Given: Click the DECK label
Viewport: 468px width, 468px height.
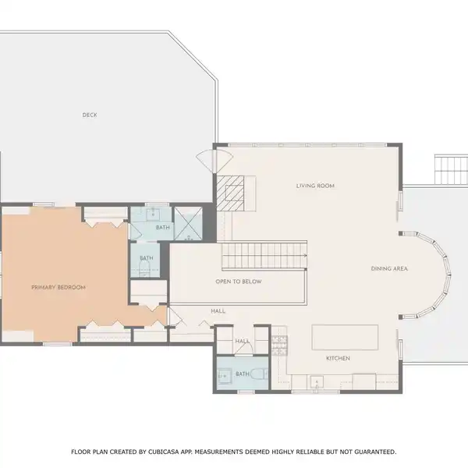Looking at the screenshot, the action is point(90,115).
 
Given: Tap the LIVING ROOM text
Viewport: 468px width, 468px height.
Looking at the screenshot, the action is point(315,186).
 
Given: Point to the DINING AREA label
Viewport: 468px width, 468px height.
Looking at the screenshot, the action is point(389,268).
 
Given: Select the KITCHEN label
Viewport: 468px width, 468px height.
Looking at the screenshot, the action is point(338,358).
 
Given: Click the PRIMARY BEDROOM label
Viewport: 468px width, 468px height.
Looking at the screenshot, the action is point(58,287).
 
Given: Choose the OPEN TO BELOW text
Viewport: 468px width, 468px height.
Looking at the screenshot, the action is point(239,282).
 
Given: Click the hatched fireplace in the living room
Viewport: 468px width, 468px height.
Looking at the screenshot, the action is point(230,193).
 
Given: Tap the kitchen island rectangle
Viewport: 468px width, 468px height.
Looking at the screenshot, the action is point(345,337).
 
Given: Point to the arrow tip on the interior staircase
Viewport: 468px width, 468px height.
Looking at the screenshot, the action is point(307,256).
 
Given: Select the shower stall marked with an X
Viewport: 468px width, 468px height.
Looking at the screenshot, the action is point(188,223).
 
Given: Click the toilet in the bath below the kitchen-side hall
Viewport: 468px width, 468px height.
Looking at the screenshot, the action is point(259,374).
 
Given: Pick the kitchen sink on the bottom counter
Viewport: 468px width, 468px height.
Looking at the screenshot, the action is point(317,382).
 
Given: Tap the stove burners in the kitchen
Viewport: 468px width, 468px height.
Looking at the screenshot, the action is point(280,346).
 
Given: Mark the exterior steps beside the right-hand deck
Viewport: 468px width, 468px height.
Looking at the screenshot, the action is point(451,169).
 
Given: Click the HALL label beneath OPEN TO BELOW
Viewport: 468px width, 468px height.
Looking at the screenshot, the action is point(218,311).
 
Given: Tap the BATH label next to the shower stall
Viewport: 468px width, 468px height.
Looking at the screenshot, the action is point(163,228).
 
